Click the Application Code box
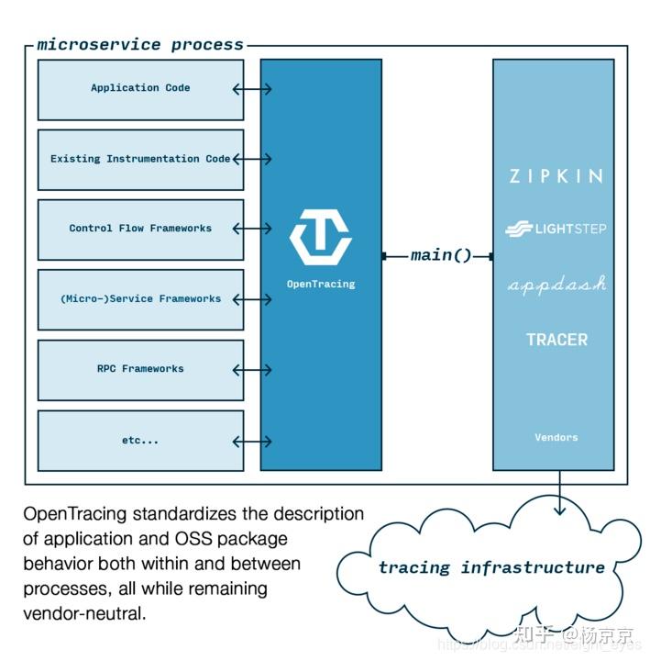[x=140, y=89]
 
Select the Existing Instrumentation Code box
[x=140, y=160]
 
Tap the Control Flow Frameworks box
[x=140, y=230]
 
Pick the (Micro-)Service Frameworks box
[x=140, y=299]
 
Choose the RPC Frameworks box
[x=140, y=369]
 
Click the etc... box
[x=140, y=441]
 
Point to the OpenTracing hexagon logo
[x=320, y=237]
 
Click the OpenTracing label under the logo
[x=320, y=285]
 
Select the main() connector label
[x=440, y=255]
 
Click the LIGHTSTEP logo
[x=556, y=229]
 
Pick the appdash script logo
[x=556, y=285]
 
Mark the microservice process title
[x=140, y=44]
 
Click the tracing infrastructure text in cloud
[x=491, y=567]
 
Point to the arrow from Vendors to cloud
[x=558, y=494]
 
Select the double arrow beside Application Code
[x=252, y=89]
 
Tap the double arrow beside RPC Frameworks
[x=252, y=370]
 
